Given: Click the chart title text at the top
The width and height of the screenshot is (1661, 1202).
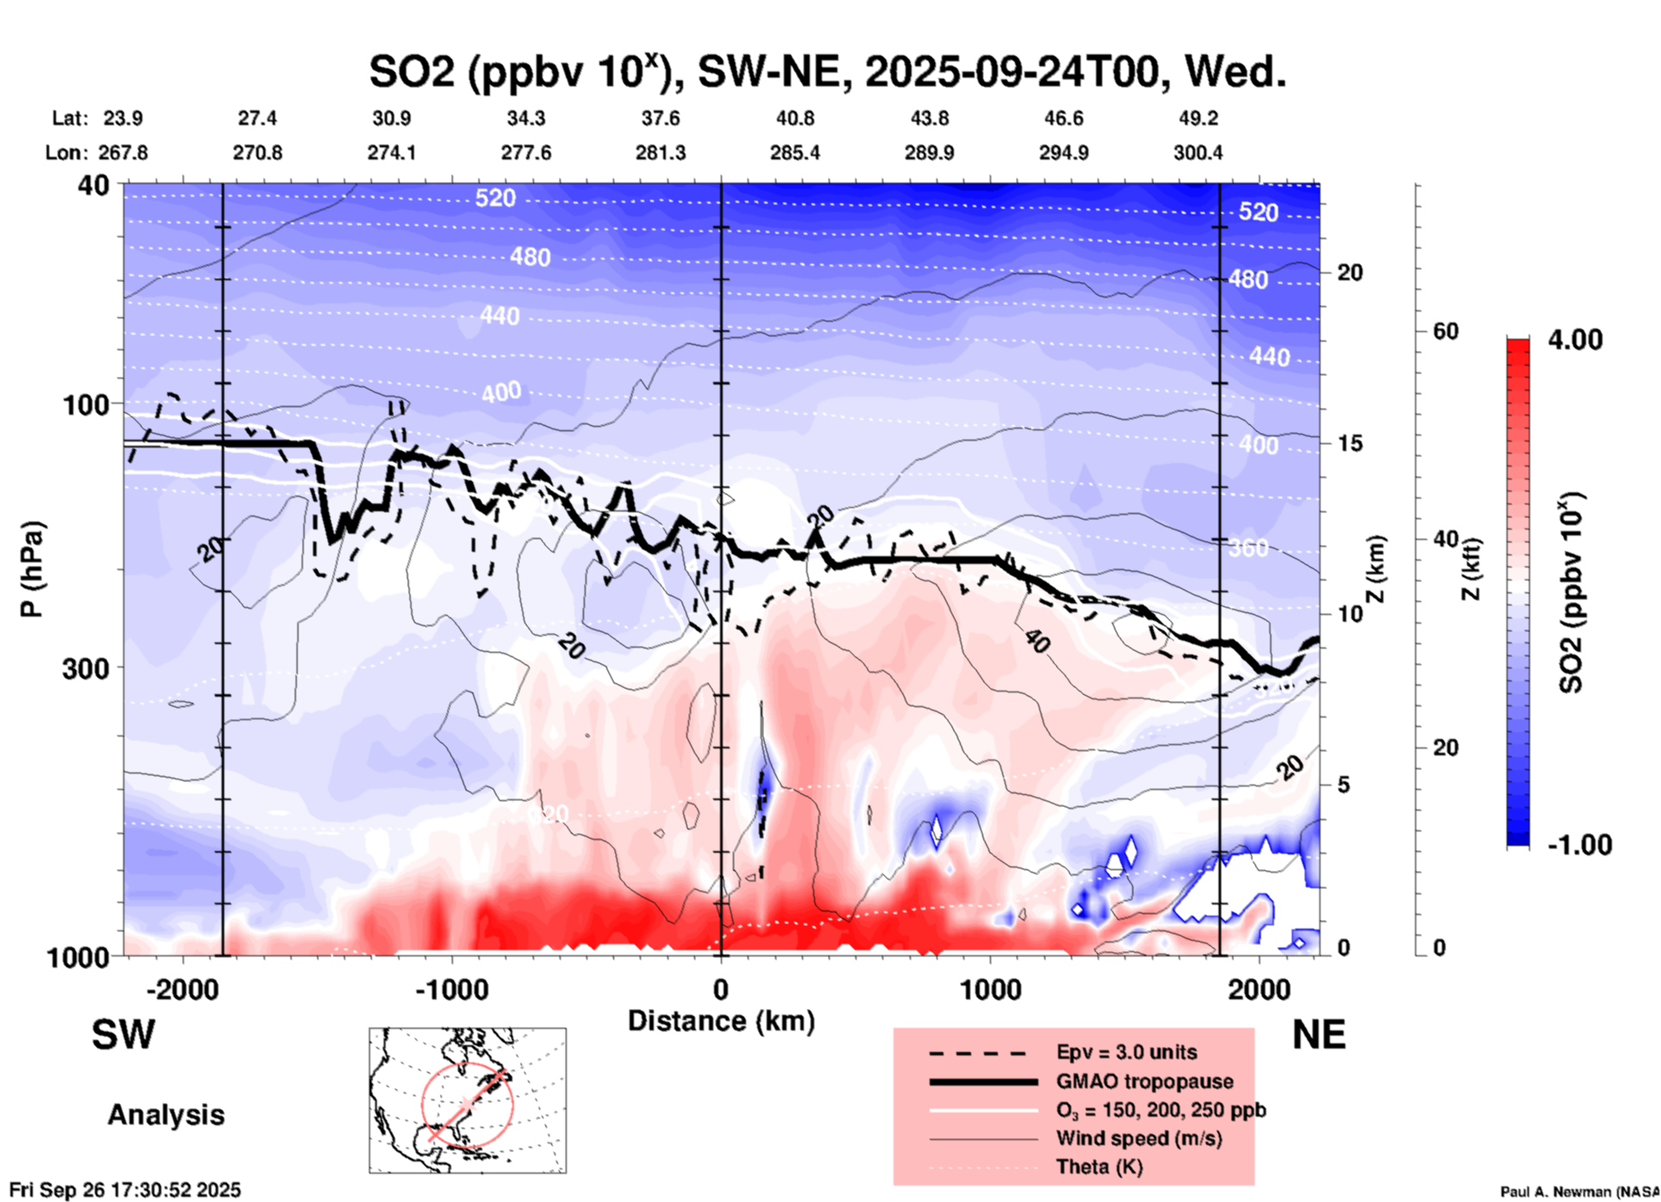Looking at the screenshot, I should point(827,72).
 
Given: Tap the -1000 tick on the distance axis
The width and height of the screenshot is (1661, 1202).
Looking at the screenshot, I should point(451,989).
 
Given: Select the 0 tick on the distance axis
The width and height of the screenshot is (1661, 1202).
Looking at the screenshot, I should point(720,989).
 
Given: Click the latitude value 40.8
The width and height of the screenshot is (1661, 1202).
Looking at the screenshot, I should point(794,118).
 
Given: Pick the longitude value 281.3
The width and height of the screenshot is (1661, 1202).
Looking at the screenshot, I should point(661,153).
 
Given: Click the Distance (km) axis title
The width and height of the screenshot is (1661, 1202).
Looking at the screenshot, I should point(721,1021).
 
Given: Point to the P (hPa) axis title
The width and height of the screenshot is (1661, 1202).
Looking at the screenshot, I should point(32,569).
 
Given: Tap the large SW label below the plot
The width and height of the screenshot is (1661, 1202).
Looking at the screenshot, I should point(123,1035).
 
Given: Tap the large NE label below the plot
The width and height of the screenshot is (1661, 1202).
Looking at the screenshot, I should point(1319,1035).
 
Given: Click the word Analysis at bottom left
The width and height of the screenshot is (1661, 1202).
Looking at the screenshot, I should point(166,1115).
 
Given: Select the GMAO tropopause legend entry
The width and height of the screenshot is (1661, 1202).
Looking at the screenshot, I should point(1144,1081).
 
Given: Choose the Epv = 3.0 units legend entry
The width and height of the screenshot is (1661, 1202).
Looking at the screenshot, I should point(1126,1052).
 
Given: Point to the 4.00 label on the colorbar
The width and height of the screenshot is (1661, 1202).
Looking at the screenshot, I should point(1575,340).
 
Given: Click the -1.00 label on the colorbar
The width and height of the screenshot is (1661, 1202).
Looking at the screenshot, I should point(1579,845).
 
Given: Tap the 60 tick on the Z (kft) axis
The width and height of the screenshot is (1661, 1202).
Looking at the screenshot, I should point(1445,331).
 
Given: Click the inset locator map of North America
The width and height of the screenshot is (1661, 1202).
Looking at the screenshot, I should point(467,1099).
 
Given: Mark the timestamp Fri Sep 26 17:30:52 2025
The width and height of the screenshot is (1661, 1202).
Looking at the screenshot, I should point(125,1190).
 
